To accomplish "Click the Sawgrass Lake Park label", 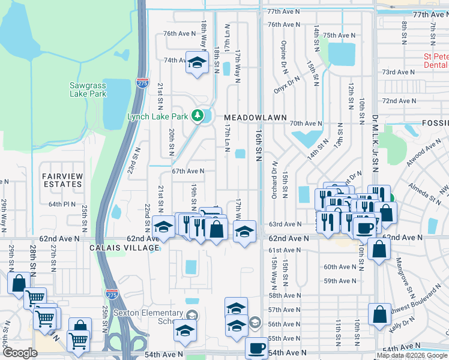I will click(88, 89).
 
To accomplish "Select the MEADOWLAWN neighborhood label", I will click(247, 117).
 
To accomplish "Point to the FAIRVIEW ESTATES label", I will click(62, 181).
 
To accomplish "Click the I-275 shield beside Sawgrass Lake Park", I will click(142, 83).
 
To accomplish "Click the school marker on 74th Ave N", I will click(196, 63).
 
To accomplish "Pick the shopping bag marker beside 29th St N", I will click(19, 283).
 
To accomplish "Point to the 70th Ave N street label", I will click(303, 123).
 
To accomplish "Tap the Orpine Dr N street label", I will click(282, 54).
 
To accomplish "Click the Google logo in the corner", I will click(20, 352).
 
